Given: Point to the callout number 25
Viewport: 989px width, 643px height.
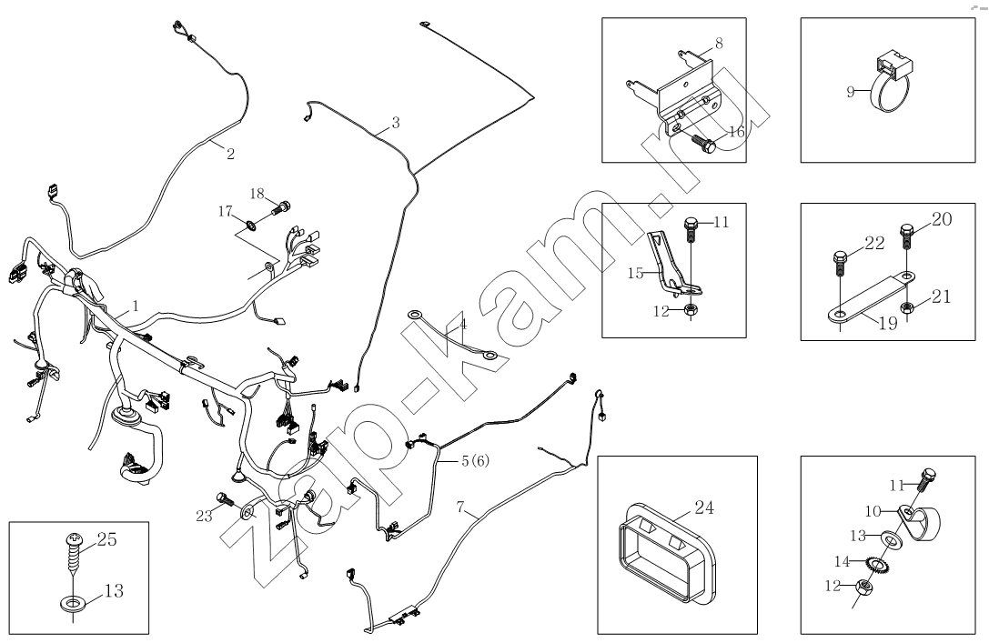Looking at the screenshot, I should pyautogui.click(x=107, y=539).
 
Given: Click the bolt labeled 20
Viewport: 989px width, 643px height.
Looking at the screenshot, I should pyautogui.click(x=906, y=236).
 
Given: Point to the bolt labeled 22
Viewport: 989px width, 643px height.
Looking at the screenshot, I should pyautogui.click(x=840, y=265).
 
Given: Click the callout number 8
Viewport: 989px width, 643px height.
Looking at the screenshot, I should pyautogui.click(x=719, y=42).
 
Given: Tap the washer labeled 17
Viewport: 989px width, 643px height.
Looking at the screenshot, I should pyautogui.click(x=249, y=223).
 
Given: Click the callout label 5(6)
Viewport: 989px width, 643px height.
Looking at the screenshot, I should pyautogui.click(x=474, y=461).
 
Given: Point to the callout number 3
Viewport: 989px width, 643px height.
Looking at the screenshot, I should pyautogui.click(x=394, y=123).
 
